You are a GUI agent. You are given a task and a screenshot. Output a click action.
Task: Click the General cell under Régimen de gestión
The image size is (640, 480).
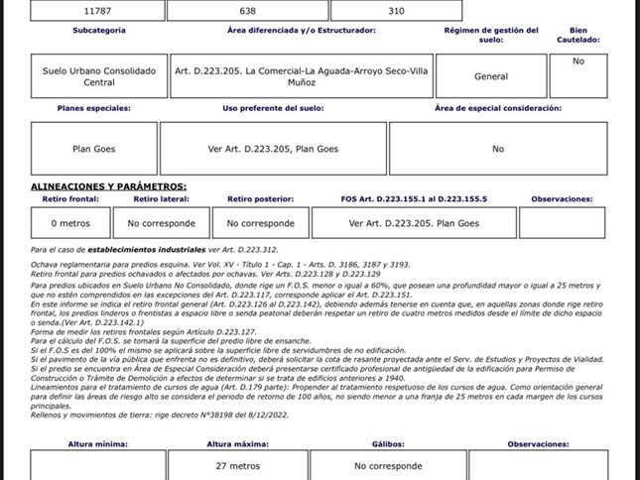[x=491, y=76]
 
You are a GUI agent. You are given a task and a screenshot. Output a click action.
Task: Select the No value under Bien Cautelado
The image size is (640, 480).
[x=578, y=61]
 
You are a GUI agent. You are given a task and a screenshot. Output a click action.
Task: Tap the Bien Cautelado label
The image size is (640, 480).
[x=578, y=36]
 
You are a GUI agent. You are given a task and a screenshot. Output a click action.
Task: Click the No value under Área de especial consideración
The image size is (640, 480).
[x=498, y=149]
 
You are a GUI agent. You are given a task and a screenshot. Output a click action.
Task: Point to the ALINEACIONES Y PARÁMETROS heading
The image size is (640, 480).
[x=108, y=186]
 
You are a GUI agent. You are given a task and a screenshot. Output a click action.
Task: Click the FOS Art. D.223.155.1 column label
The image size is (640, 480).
[x=414, y=199]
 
